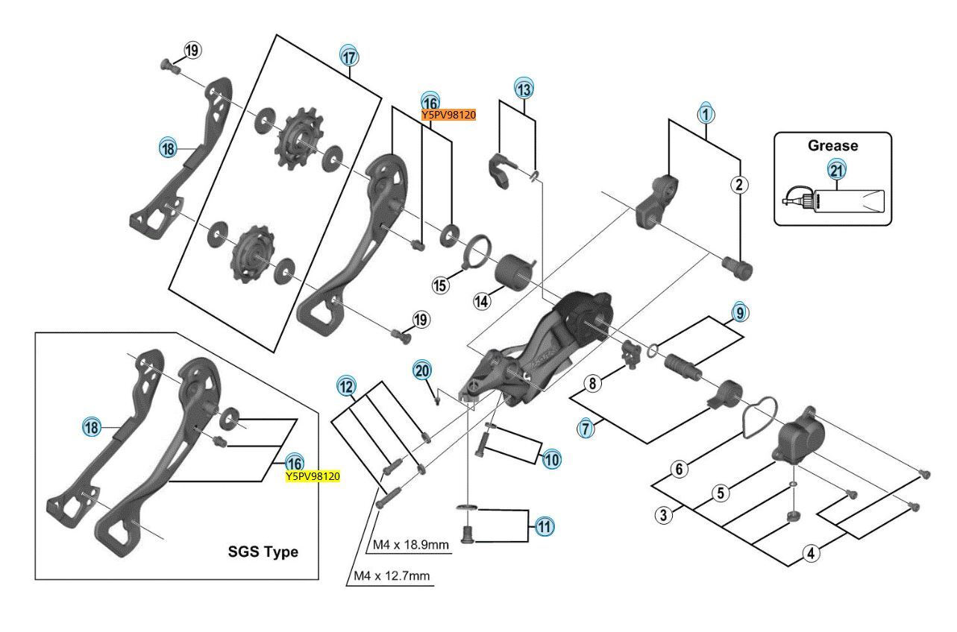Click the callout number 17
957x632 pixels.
(350, 56)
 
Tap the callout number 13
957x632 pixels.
(524, 87)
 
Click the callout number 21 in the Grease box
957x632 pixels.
(837, 171)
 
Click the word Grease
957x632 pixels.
(832, 146)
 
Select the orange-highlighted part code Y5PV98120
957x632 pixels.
(448, 115)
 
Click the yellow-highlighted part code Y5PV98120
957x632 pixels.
(313, 476)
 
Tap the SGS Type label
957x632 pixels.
(263, 552)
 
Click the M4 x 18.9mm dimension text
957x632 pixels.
(411, 546)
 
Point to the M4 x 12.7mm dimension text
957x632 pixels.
(393, 576)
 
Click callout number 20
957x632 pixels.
(422, 370)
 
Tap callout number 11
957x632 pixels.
(545, 526)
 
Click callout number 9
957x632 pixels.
(738, 313)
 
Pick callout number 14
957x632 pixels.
(482, 301)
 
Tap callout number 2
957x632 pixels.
(739, 184)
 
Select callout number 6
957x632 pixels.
(679, 470)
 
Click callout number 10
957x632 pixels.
(552, 459)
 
